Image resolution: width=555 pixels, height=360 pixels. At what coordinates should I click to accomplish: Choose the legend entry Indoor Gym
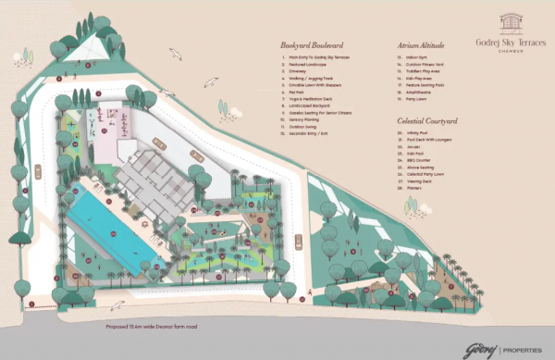tap(406, 56)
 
